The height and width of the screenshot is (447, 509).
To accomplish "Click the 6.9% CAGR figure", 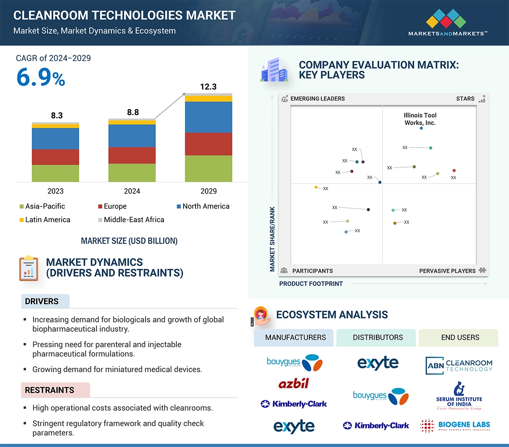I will (40, 78).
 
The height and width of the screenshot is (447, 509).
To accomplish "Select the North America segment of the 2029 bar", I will (208, 117).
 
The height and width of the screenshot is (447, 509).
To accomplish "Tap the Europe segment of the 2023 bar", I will (55, 157).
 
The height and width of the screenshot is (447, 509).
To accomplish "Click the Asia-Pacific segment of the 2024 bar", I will (132, 173).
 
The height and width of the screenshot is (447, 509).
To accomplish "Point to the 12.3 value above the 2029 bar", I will (208, 87).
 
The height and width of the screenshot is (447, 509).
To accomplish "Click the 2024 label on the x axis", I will (132, 191).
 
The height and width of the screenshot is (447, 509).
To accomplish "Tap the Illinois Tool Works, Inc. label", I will (420, 119).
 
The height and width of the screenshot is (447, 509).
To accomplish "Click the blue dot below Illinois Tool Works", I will (421, 128).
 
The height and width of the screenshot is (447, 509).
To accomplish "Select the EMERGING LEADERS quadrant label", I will (317, 98).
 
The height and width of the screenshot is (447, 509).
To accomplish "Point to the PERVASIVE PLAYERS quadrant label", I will (447, 271).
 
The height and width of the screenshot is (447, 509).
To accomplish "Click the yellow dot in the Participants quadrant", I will (316, 187).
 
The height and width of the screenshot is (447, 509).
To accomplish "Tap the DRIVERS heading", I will (42, 301).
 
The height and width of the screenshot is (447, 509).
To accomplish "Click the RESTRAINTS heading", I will (49, 390).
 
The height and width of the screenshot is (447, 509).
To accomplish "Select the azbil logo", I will (294, 383).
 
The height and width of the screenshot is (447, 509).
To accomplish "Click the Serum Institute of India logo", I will (459, 396).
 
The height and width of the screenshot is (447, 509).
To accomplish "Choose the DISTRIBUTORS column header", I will (378, 337).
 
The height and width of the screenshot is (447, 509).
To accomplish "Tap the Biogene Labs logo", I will (455, 425).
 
